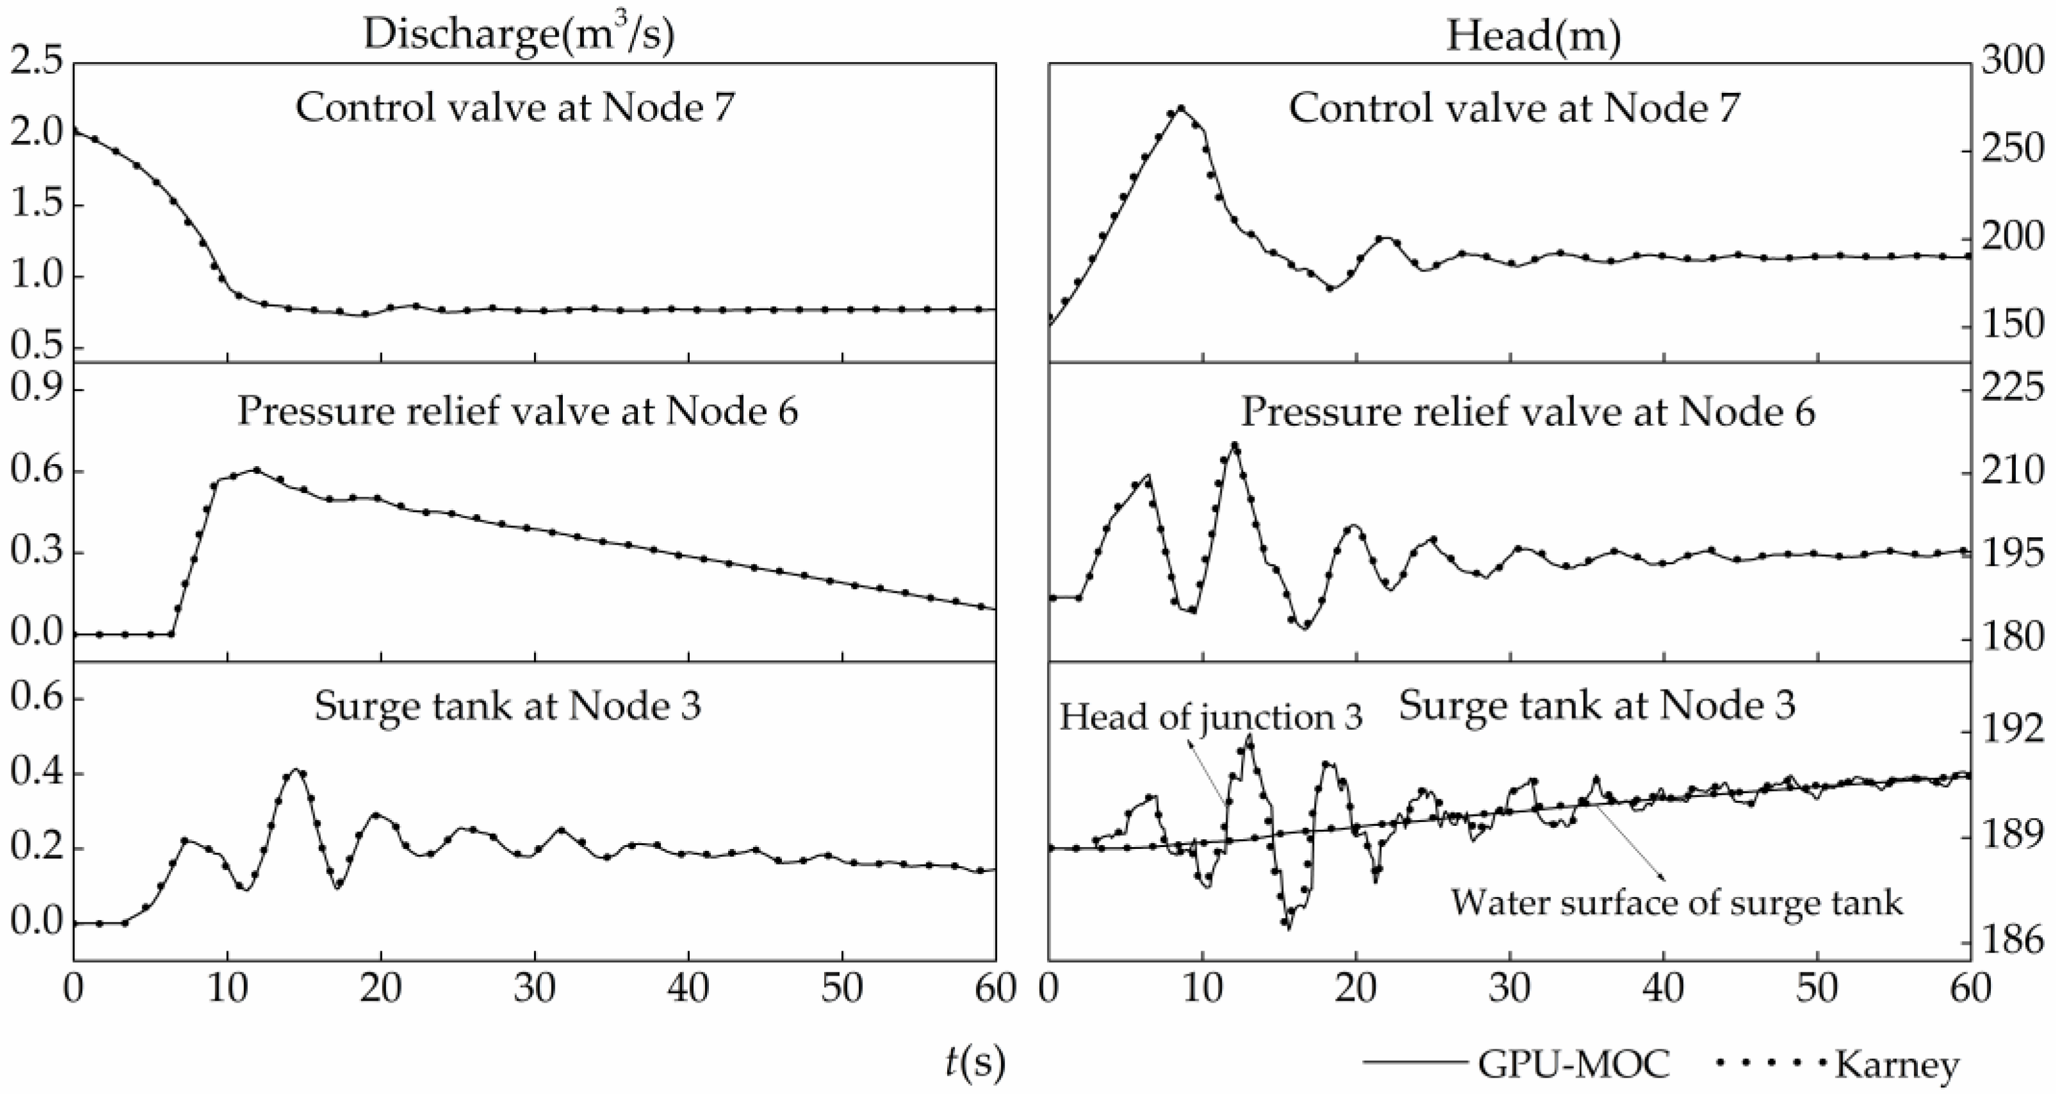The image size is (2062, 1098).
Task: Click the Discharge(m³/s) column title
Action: pyautogui.click(x=519, y=35)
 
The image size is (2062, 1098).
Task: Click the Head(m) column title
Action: pyautogui.click(x=1533, y=35)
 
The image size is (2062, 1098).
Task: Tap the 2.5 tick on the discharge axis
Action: pyautogui.click(x=36, y=63)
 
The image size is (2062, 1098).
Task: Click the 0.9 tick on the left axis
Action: pyautogui.click(x=36, y=390)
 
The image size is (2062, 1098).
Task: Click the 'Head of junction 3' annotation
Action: pyautogui.click(x=1210, y=717)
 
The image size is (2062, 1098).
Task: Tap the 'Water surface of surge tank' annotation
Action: pyautogui.click(x=1676, y=903)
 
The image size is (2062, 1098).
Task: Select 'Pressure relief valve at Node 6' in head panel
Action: pyautogui.click(x=1528, y=411)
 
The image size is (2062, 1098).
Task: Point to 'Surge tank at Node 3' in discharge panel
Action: pyautogui.click(x=507, y=706)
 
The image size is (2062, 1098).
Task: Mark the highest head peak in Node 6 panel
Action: pyautogui.click(x=1235, y=445)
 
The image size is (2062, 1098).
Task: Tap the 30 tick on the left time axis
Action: pyautogui.click(x=535, y=989)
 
